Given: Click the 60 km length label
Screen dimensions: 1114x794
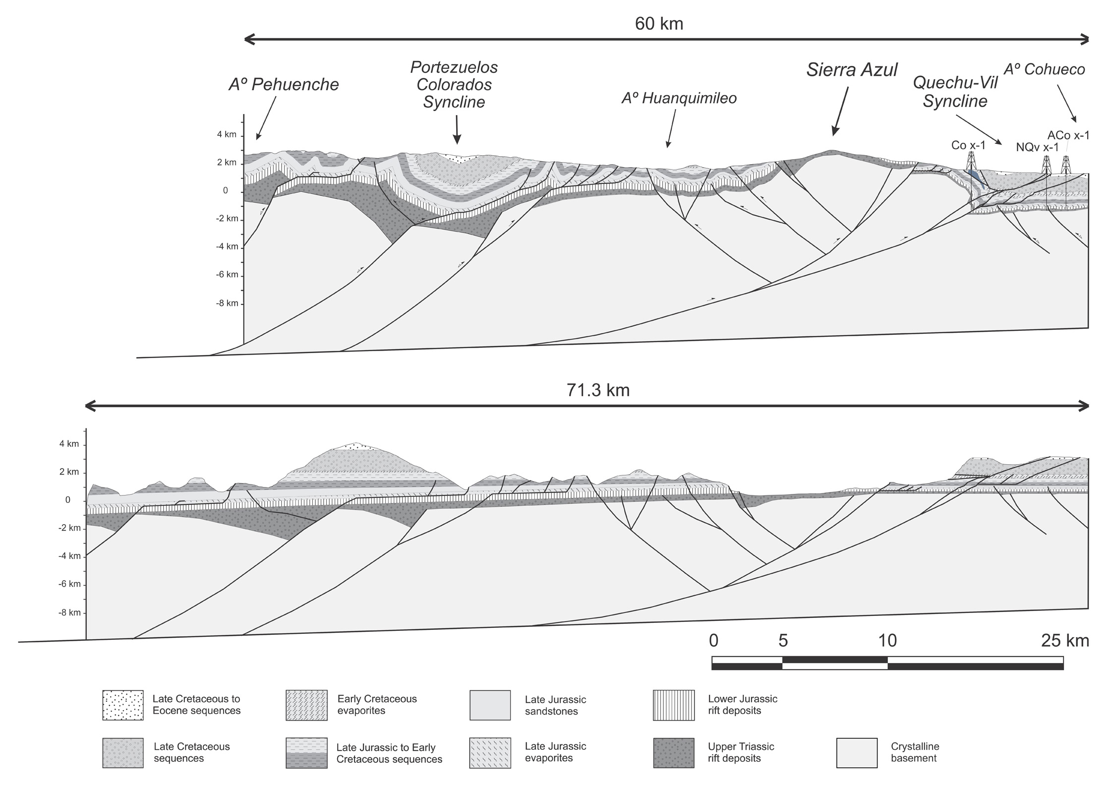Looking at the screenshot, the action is [659, 23].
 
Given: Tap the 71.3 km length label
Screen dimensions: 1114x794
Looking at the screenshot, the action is [598, 390].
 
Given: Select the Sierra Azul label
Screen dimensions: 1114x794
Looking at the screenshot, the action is [852, 70].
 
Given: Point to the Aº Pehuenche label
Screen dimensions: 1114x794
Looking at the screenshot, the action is [284, 84].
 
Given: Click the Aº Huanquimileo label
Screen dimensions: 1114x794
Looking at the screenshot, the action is [679, 98].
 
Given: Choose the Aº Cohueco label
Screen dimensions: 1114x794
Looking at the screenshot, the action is [1045, 69].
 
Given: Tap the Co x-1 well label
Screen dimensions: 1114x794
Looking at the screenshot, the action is [968, 145].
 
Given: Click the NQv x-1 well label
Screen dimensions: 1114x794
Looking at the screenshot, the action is [1037, 147].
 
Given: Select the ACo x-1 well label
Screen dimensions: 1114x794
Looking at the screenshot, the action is [1068, 135].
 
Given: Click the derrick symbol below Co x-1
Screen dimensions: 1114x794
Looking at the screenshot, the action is [971, 161].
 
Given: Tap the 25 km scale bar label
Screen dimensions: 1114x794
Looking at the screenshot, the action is [1065, 641].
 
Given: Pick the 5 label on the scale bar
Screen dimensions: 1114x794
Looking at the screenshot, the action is [783, 641].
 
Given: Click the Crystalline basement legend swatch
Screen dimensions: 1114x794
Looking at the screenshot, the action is [857, 753].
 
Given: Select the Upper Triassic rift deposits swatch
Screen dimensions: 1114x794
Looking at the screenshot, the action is [673, 753].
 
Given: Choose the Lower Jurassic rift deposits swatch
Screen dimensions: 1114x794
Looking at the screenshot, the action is [673, 705].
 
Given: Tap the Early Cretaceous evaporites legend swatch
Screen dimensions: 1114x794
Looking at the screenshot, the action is [306, 705].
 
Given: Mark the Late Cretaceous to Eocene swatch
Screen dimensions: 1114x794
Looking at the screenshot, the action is [123, 705].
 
